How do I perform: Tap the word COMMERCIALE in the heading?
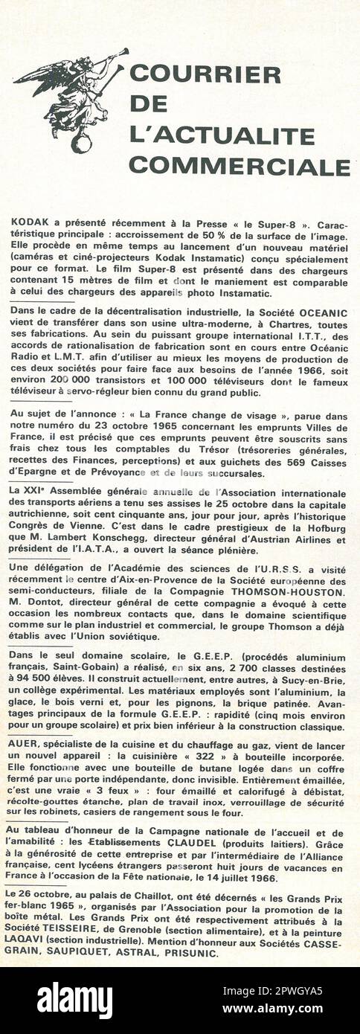click(239, 165)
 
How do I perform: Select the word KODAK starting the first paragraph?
click(28, 223)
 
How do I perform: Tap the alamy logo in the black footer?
click(75, 1000)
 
